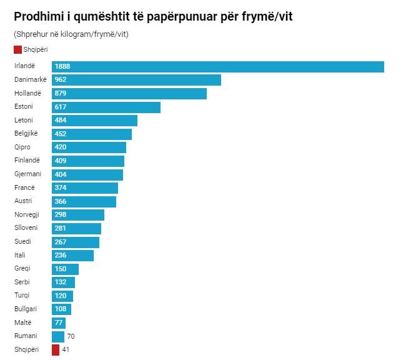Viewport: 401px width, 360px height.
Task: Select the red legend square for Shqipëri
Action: pyautogui.click(x=17, y=49)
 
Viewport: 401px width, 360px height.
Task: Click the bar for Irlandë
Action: pyautogui.click(x=217, y=67)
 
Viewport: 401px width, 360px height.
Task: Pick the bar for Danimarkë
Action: pyautogui.click(x=136, y=80)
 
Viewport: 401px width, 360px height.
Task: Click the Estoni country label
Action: pyautogui.click(x=23, y=107)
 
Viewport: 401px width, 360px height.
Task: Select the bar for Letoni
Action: pyautogui.click(x=94, y=121)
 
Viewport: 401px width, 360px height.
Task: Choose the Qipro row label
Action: pyautogui.click(x=22, y=147)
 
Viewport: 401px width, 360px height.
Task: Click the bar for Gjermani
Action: pyautogui.click(x=87, y=174)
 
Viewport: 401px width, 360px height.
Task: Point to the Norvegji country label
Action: pyautogui.click(x=26, y=214)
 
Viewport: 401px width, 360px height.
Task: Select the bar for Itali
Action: pyautogui.click(x=72, y=255)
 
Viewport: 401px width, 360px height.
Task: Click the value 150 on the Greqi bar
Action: pyautogui.click(x=61, y=269)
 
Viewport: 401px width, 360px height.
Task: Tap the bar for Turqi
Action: pyautogui.click(x=62, y=296)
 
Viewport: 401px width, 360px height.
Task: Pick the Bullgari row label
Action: pyautogui.click(x=26, y=309)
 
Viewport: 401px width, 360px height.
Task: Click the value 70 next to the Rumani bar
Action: pyautogui.click(x=71, y=336)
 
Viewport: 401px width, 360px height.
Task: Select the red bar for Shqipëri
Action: pyautogui.click(x=56, y=349)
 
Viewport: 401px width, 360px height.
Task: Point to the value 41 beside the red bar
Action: pyautogui.click(x=66, y=349)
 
